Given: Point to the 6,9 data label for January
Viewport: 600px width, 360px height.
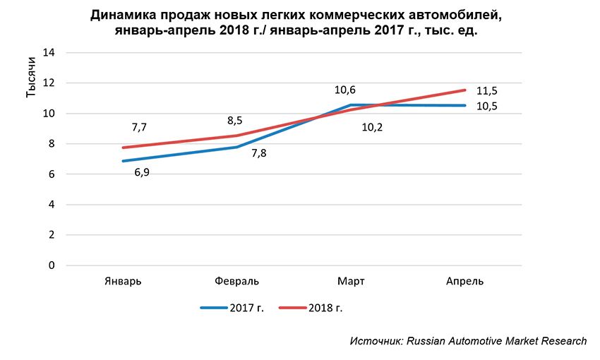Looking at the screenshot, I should tap(142, 172).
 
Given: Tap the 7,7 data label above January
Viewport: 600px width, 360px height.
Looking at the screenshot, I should tap(140, 128).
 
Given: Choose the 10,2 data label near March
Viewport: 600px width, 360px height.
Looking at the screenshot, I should tap(372, 127).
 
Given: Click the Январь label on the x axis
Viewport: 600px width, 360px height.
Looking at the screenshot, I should tap(123, 281).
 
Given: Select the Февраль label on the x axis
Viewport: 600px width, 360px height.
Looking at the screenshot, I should tap(237, 281).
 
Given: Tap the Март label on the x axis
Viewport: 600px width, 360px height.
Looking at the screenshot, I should tap(351, 281).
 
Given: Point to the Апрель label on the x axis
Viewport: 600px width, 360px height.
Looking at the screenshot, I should tap(465, 281).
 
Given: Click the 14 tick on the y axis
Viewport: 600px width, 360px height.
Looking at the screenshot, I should tap(50, 53).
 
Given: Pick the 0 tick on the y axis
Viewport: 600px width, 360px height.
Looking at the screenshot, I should tap(51, 265).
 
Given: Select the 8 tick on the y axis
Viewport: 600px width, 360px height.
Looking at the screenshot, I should tap(51, 144).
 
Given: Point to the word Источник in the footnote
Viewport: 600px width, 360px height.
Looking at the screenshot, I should tap(376, 341).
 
